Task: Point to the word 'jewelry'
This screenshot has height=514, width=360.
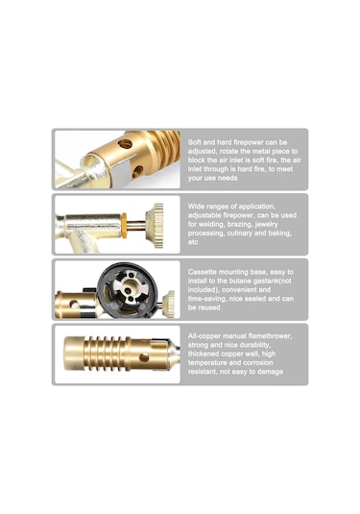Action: tap(266, 225)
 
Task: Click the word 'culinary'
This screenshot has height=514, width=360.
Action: tap(241, 233)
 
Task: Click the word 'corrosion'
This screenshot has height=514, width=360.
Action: tap(257, 363)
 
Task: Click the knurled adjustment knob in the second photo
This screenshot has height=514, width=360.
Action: tap(155, 225)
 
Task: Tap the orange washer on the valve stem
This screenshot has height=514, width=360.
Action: tap(125, 226)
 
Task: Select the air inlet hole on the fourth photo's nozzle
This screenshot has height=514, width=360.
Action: tap(143, 357)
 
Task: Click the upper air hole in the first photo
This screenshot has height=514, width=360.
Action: tap(125, 143)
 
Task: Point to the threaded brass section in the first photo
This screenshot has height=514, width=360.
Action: tap(164, 148)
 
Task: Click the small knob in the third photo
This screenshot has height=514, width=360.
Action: tap(169, 304)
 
